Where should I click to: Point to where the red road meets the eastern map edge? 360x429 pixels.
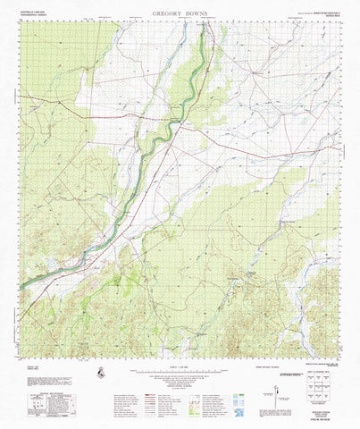[x=343, y=158]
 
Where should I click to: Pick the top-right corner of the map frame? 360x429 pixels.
[x=343, y=22]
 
